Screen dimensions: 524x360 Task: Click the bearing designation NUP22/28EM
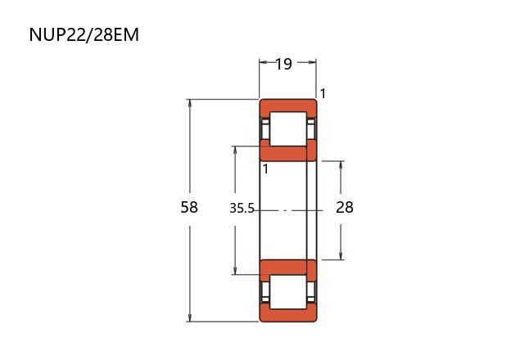[x=84, y=34]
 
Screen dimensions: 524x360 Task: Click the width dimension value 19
[x=283, y=64]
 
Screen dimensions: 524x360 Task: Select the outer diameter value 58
[x=189, y=207]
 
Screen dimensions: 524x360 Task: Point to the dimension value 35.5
[x=242, y=209]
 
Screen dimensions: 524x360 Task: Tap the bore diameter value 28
[x=345, y=207]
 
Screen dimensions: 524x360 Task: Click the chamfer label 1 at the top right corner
[x=323, y=93]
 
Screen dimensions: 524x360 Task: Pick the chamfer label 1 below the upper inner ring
[x=265, y=169]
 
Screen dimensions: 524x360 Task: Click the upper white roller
[x=288, y=129]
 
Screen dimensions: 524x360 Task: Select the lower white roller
[x=288, y=292]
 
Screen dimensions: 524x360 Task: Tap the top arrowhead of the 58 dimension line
[x=190, y=103]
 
